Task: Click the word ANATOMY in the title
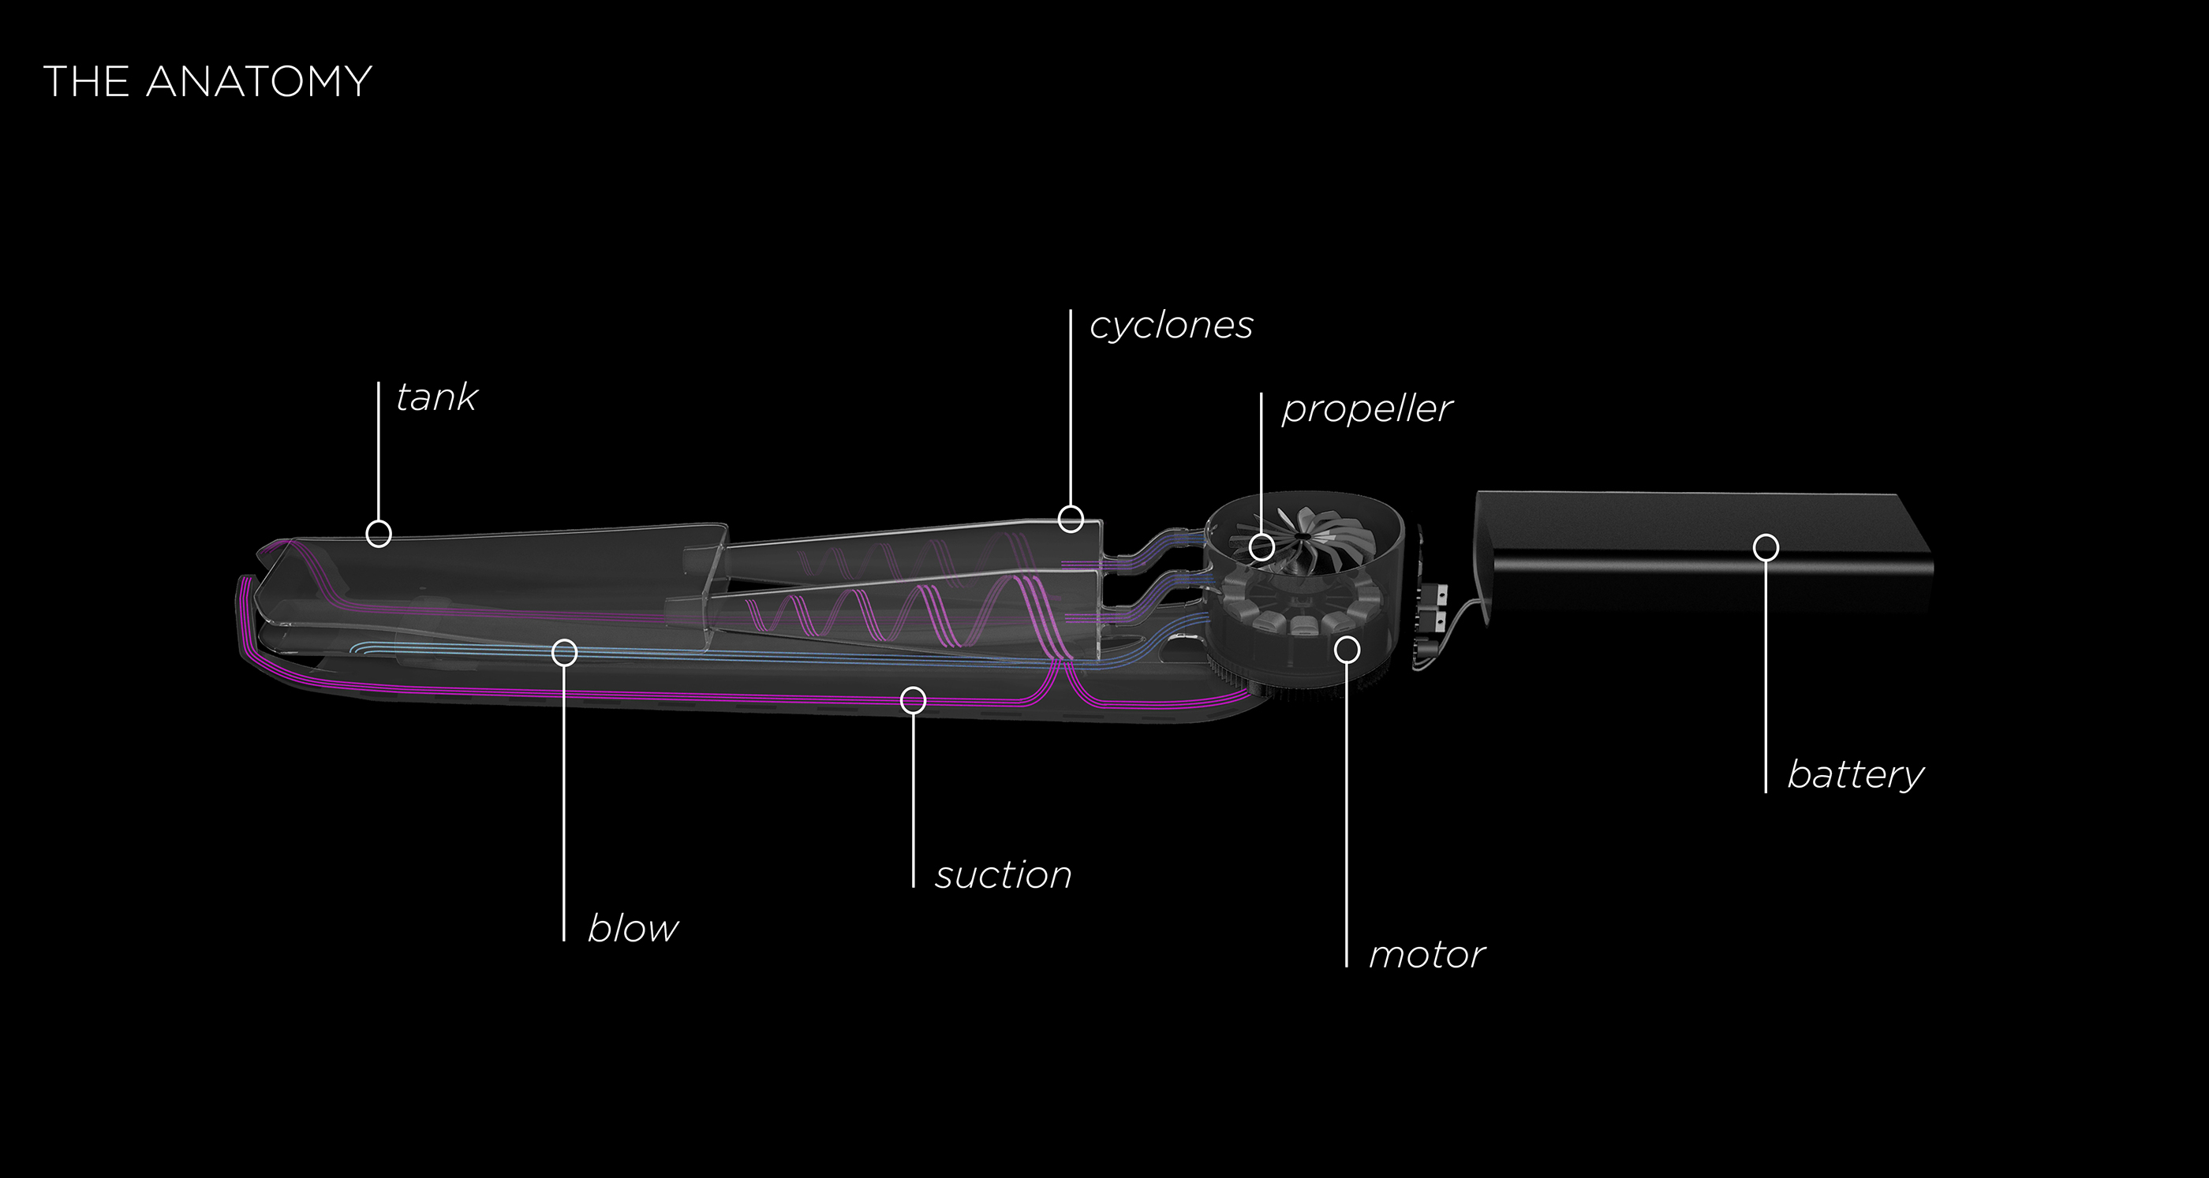click(259, 82)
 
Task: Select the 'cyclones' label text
click(1172, 326)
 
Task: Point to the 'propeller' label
click(1367, 409)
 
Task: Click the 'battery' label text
click(1856, 775)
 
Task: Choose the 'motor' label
click(1427, 955)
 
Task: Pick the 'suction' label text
click(1004, 875)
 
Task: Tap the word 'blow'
click(633, 929)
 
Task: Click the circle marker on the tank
click(379, 533)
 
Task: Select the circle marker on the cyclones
click(1071, 519)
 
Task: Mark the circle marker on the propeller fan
click(1261, 547)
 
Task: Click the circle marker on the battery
click(1766, 547)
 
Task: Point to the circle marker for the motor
click(1347, 650)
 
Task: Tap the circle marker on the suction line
click(914, 700)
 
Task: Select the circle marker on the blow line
click(563, 652)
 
